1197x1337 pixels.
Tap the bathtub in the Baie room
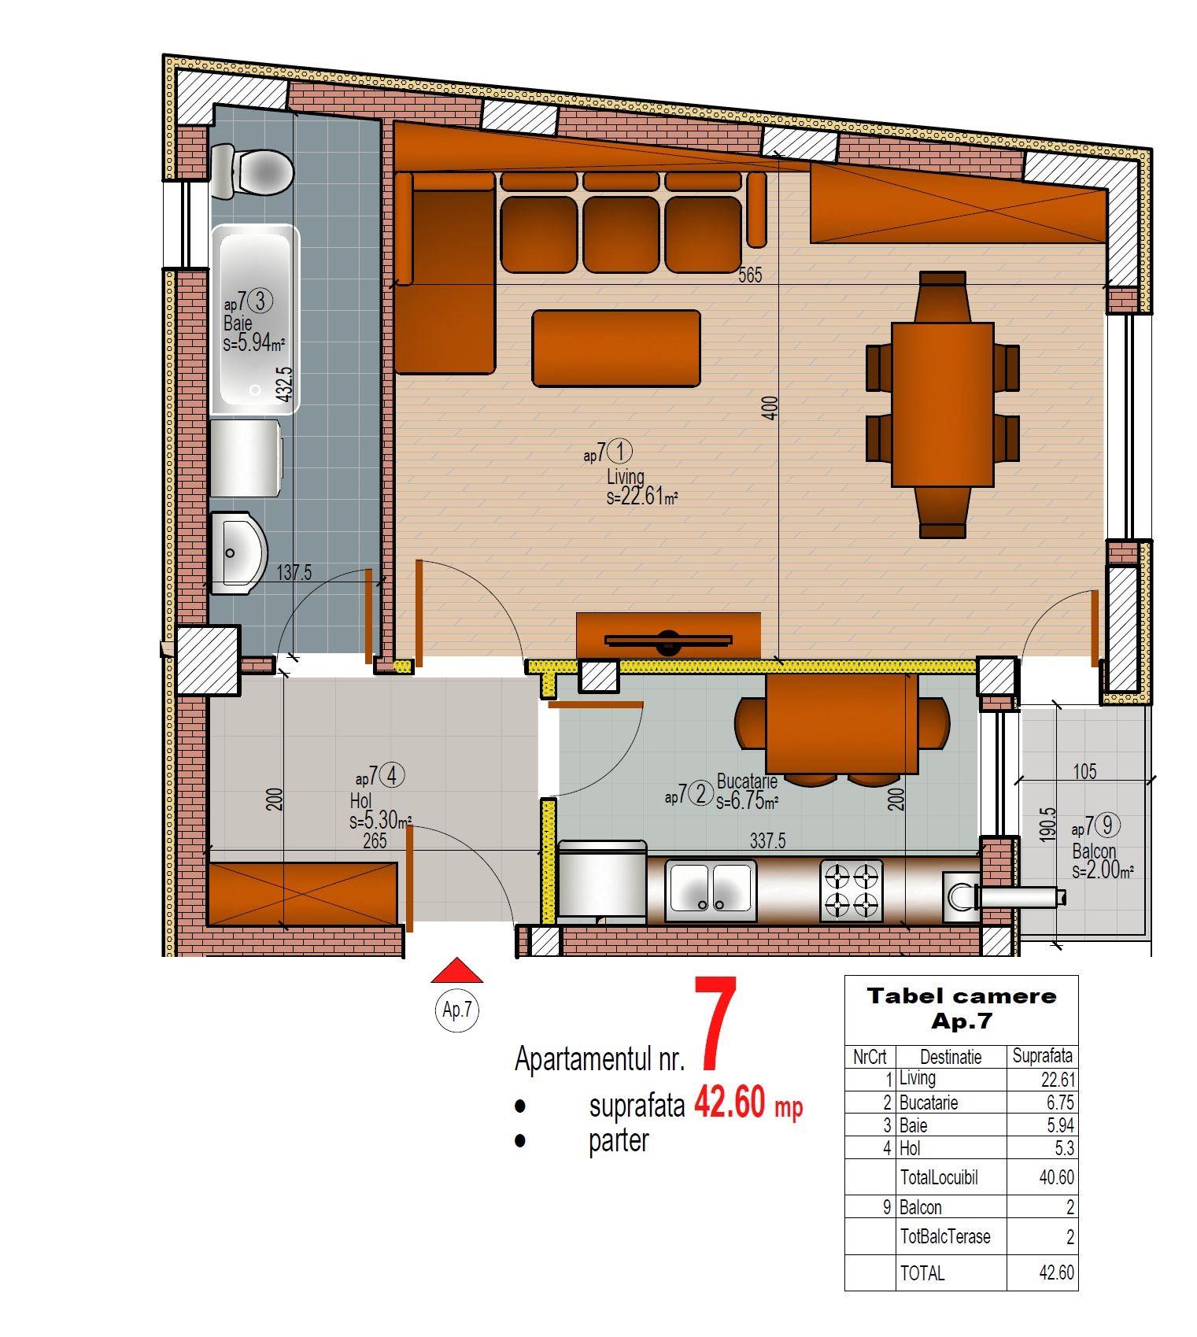254,319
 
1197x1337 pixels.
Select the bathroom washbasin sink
239,552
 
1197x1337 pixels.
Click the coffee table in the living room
616,349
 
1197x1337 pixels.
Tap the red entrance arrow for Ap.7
457,970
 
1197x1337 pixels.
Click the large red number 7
715,1023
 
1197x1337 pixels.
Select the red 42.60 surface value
730,1103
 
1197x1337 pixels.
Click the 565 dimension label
750,275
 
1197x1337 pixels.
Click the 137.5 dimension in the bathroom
294,573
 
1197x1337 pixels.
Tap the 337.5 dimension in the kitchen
767,840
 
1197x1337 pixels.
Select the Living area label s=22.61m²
642,497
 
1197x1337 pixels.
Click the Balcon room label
1094,851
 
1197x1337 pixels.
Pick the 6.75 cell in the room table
1060,1102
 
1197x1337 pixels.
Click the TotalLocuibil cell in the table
939,1178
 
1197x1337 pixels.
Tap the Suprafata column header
1042,1056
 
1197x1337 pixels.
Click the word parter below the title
619,1140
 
